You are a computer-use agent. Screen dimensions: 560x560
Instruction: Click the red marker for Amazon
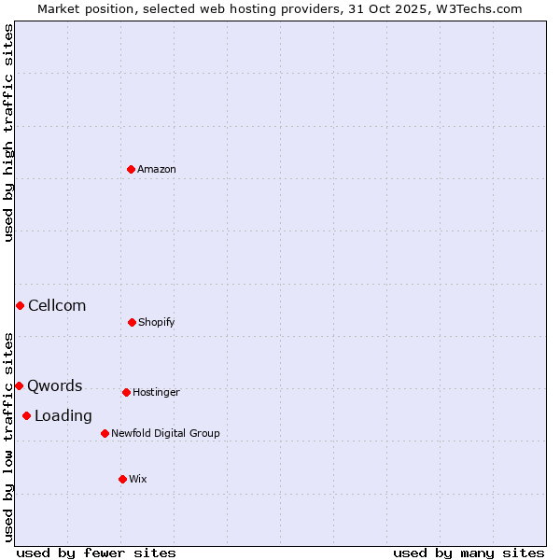131,169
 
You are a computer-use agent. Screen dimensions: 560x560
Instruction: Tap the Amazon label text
157,170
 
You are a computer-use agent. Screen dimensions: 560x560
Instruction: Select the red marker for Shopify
132,322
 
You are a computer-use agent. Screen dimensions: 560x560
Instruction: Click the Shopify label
157,323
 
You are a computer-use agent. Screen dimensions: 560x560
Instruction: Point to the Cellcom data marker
20,305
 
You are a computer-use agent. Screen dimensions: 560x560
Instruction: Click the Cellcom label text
57,306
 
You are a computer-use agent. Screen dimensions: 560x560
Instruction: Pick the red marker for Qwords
19,385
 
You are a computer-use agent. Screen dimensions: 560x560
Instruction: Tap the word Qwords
55,386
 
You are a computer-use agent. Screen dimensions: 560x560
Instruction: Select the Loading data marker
26,415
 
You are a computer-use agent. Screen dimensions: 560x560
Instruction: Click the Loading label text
63,416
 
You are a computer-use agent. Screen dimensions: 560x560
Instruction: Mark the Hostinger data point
126,392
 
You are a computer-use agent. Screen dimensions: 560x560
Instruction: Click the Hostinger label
156,393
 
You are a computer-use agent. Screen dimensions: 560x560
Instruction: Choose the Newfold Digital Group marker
105,433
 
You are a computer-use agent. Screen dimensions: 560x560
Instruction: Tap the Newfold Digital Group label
165,434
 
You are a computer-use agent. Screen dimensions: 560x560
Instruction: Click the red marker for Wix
122,479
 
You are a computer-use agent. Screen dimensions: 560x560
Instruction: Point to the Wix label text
138,480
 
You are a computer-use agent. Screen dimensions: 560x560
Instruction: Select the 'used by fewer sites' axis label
96,553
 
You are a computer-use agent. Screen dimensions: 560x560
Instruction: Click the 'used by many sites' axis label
469,553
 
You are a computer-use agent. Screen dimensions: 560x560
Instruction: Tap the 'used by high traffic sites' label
8,133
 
